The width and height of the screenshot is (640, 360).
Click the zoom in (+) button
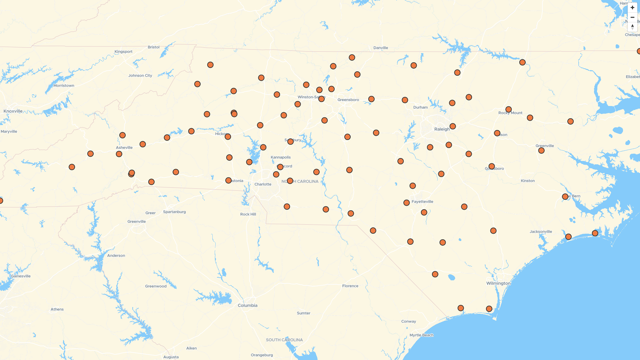pos(632,8)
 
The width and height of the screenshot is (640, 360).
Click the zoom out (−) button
pos(632,17)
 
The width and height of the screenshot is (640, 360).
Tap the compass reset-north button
pos(632,27)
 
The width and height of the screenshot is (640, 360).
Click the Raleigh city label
pos(442,129)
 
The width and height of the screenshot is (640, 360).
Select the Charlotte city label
pos(263,184)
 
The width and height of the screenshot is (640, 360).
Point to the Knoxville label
pos(13,111)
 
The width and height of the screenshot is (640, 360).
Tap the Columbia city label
pos(247,306)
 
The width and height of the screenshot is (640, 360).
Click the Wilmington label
pos(498,283)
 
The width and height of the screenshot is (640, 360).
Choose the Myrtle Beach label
pos(421,335)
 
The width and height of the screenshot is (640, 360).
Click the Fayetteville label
pos(422,202)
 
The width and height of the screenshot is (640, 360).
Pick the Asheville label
pos(124,148)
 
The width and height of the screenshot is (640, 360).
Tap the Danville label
pos(381,48)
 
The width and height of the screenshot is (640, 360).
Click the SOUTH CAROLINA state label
pos(284,340)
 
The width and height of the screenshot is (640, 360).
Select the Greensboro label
pos(348,100)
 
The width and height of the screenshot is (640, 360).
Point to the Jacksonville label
pos(541,232)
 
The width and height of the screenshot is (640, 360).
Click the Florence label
pos(350,286)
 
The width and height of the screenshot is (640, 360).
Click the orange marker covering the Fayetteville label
pos(406,203)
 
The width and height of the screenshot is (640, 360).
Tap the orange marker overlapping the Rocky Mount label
pos(508,109)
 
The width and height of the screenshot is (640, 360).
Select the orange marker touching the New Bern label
pos(565,197)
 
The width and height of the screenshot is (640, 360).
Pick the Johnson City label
pos(140,76)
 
